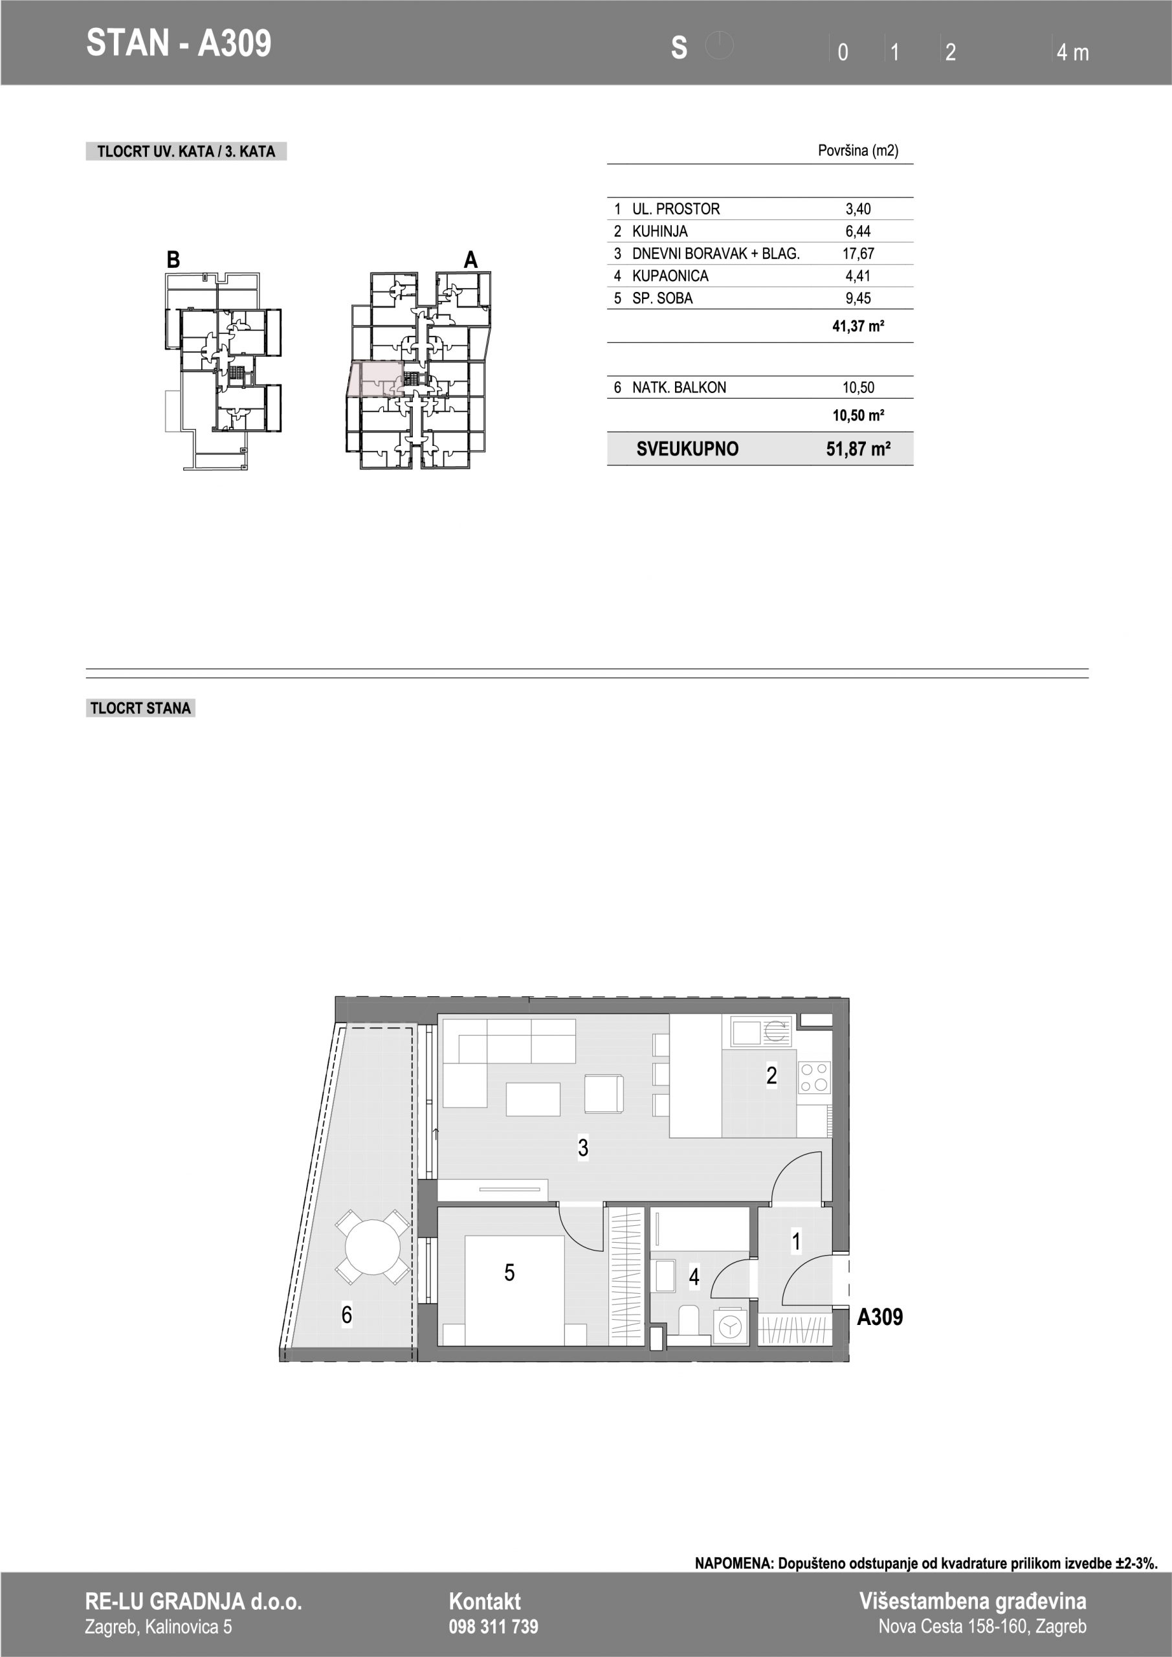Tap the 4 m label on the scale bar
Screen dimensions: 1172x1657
point(1072,52)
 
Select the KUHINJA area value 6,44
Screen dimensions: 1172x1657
point(858,231)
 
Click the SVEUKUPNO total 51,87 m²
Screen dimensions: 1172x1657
point(858,449)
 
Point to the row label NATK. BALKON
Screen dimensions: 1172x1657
point(679,388)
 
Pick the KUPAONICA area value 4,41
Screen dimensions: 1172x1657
point(858,276)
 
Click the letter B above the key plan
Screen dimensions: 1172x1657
point(173,260)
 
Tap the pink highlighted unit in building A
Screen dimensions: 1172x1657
point(375,379)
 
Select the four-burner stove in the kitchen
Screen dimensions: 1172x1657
point(815,1078)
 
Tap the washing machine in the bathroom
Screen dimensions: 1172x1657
point(731,1327)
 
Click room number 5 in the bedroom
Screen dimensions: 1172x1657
point(509,1273)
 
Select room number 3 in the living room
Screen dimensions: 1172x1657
point(583,1148)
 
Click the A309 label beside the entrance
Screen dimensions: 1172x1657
point(879,1317)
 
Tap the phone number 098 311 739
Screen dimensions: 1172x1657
point(494,1627)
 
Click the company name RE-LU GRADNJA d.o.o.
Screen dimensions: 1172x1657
point(193,1601)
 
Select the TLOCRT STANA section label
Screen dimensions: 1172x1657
point(140,708)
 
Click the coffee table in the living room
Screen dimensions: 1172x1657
point(533,1100)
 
